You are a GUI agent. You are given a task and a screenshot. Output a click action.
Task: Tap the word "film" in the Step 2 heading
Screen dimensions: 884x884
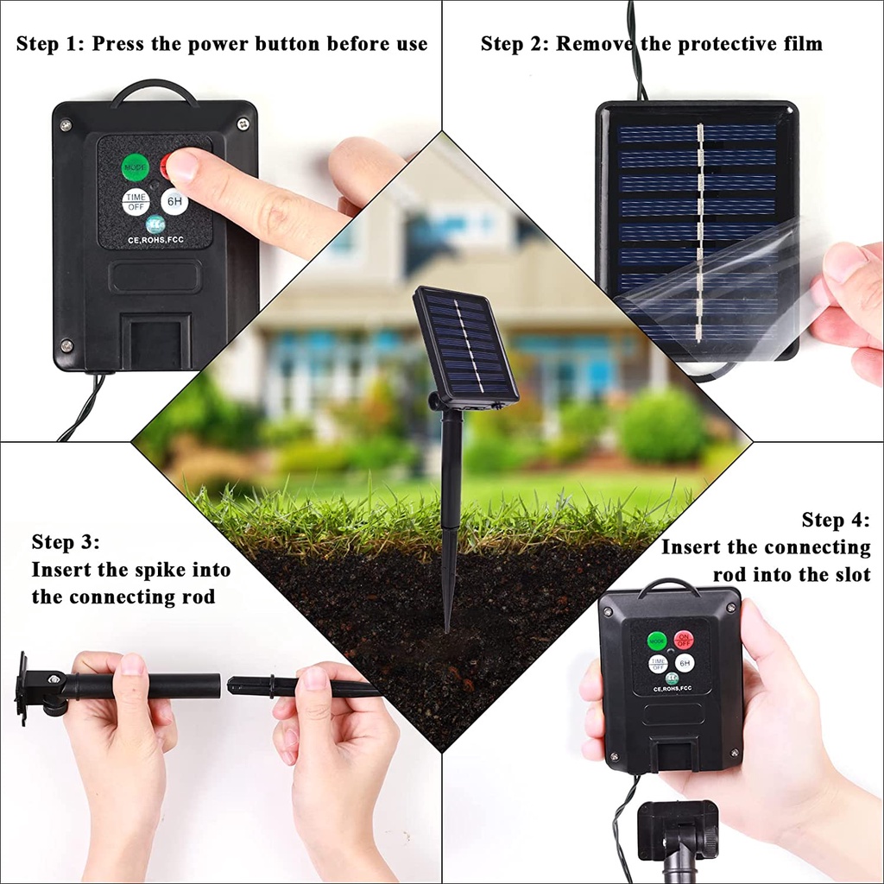point(801,43)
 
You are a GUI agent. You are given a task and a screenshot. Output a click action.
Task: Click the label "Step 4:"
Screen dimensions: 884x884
point(836,520)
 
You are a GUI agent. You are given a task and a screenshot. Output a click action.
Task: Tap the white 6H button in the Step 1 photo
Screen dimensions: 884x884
point(174,201)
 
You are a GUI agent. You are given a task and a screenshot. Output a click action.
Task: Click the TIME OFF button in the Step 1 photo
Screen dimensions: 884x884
point(136,202)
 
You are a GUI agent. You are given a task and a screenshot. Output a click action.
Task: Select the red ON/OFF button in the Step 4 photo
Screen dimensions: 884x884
point(684,640)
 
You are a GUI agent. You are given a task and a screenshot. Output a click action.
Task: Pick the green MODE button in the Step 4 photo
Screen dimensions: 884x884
point(658,641)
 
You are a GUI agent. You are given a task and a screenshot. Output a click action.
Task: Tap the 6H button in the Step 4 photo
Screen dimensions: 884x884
point(685,663)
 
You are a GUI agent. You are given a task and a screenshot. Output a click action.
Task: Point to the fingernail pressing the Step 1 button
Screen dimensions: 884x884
point(182,161)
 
